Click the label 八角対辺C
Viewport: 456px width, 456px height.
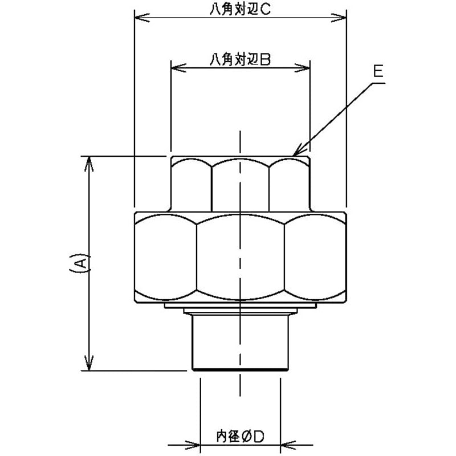click(x=240, y=10)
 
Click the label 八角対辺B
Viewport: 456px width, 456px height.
click(x=240, y=60)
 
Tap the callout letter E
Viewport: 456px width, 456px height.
click(x=378, y=71)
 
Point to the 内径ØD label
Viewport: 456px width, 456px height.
click(x=240, y=436)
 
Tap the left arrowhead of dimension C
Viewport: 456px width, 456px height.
click(x=142, y=18)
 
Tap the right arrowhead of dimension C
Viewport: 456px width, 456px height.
click(x=339, y=18)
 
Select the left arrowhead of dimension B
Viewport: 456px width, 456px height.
click(x=178, y=68)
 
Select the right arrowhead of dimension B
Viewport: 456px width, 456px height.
click(x=303, y=68)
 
